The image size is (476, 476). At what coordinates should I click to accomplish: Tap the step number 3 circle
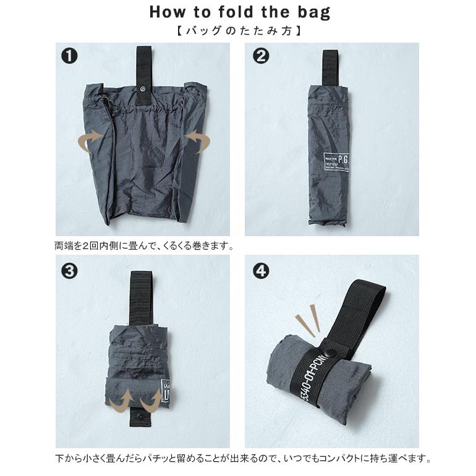[x=69, y=270]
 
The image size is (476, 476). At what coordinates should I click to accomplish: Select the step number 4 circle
[x=261, y=270]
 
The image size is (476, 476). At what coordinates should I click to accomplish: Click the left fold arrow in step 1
[x=91, y=141]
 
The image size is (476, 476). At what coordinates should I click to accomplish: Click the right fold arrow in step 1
[x=197, y=141]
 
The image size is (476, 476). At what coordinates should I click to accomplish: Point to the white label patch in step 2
[x=336, y=162]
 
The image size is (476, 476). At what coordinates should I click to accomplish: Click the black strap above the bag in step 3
[x=140, y=297]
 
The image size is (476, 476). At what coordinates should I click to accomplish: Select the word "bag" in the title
[x=313, y=12]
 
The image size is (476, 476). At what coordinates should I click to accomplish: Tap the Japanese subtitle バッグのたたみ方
[x=239, y=29]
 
